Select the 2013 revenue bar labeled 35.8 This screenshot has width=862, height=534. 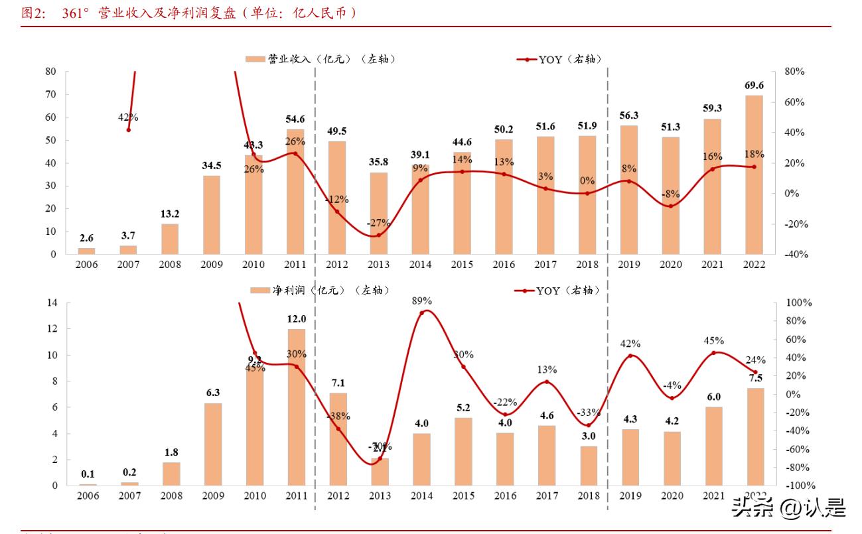click(x=380, y=213)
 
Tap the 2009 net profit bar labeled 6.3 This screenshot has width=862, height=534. click(x=212, y=444)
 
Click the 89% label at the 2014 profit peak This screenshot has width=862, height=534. click(x=421, y=300)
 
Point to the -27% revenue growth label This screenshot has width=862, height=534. click(x=379, y=224)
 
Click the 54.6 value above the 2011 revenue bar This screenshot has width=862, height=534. click(x=295, y=119)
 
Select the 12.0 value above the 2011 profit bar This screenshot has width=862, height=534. click(x=296, y=318)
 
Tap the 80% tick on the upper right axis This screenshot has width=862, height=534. click(x=794, y=72)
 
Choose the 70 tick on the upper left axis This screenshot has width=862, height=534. click(x=51, y=94)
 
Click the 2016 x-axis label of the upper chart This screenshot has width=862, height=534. click(x=504, y=264)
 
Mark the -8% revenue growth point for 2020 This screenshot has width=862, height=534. click(x=670, y=206)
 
